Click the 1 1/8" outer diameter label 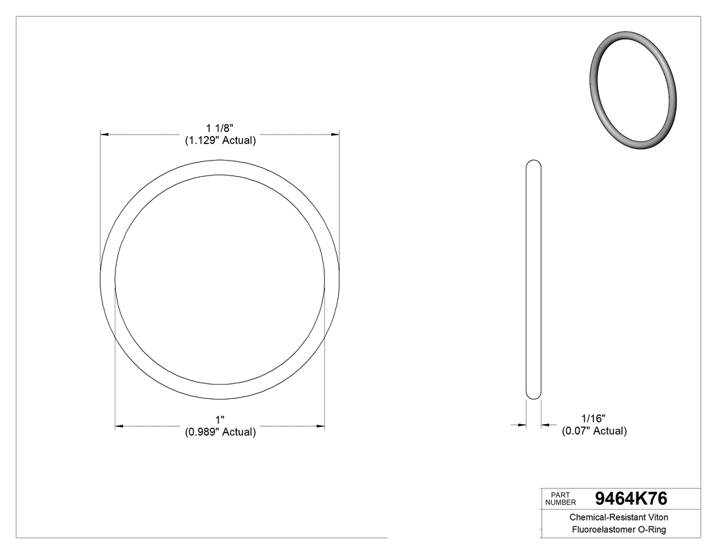[x=220, y=128]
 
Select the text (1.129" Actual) [x=220, y=141]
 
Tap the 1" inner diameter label [x=220, y=419]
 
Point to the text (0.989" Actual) [x=220, y=432]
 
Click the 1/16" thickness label [x=593, y=418]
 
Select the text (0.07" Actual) [x=594, y=431]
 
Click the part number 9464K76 [x=631, y=498]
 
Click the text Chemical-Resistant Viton [x=619, y=518]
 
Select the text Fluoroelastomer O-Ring [x=619, y=530]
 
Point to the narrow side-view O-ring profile [x=533, y=280]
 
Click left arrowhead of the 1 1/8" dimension [x=104, y=135]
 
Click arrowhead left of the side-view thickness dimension [x=522, y=425]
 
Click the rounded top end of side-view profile [x=533, y=164]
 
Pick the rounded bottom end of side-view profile [x=533, y=396]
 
